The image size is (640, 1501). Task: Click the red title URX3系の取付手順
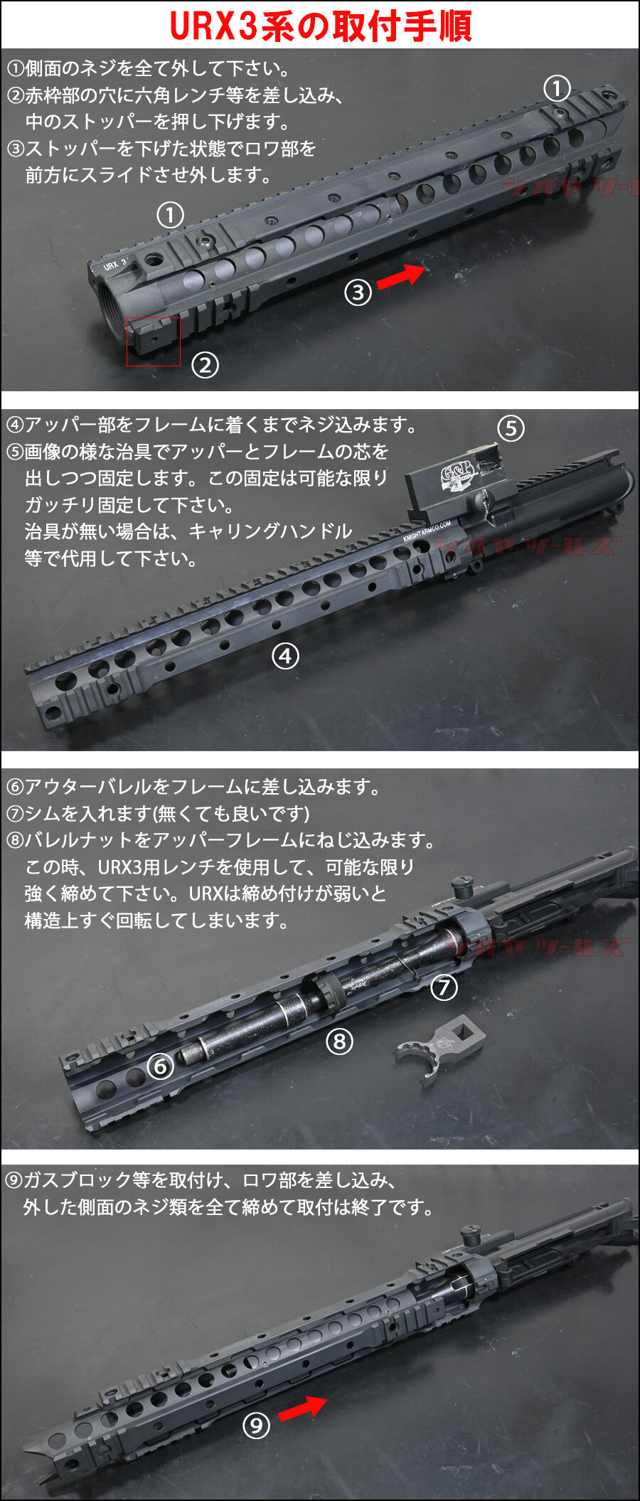(x=320, y=26)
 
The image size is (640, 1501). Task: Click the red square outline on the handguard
(x=154, y=341)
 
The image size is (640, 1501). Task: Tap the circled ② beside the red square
(x=205, y=365)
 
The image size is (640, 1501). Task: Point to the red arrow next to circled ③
(x=400, y=276)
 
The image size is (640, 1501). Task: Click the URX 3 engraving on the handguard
(x=114, y=265)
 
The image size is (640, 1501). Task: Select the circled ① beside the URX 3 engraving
(x=170, y=215)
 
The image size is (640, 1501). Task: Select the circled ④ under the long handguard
(x=285, y=656)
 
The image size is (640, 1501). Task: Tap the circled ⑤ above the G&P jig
(x=511, y=428)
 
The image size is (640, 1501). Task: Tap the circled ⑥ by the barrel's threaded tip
(x=161, y=1066)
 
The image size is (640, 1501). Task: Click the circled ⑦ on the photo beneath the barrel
(x=444, y=987)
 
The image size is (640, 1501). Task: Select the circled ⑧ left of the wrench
(x=339, y=1041)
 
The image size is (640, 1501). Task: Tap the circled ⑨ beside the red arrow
(x=257, y=1425)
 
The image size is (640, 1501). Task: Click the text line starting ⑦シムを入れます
(x=158, y=813)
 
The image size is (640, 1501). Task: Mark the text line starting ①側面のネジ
(x=148, y=68)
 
